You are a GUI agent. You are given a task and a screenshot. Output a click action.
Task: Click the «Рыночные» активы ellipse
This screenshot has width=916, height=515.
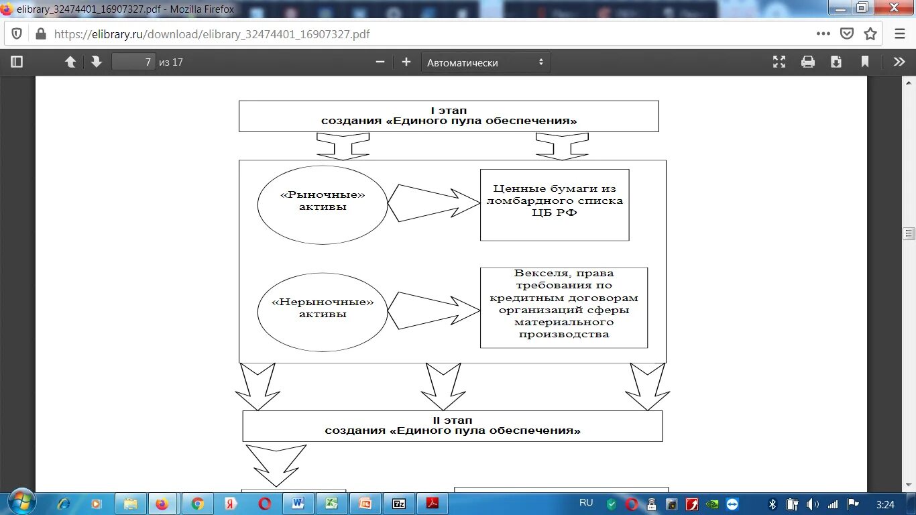pos(323,204)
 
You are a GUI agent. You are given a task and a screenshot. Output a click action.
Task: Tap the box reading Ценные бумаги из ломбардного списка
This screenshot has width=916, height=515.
pos(555,205)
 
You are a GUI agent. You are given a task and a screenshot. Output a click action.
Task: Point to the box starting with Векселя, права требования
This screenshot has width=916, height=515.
pos(564,307)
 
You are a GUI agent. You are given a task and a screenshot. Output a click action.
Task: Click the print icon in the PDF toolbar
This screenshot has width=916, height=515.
pos(808,62)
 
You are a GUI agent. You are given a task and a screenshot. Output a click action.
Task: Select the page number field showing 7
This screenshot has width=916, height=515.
pos(134,62)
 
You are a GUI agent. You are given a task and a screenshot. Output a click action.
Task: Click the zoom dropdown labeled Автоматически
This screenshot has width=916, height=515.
pos(485,62)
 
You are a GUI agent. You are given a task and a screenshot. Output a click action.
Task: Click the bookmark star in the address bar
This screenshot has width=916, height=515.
pos(870,34)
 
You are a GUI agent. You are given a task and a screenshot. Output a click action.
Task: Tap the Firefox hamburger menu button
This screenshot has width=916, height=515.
pos(900,34)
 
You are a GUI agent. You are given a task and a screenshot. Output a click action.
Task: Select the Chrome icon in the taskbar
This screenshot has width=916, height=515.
pos(197,504)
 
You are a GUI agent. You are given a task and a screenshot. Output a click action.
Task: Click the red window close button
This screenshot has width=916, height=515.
pos(894,7)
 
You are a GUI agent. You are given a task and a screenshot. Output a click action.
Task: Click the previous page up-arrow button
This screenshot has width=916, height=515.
pos(70,62)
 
